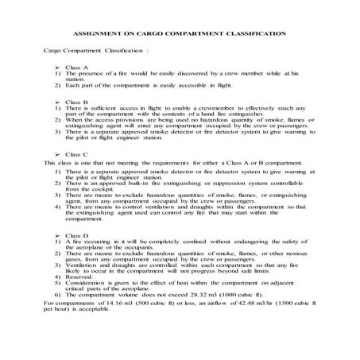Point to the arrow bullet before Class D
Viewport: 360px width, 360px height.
(x=60, y=236)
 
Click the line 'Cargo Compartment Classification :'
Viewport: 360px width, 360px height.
(x=95, y=50)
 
